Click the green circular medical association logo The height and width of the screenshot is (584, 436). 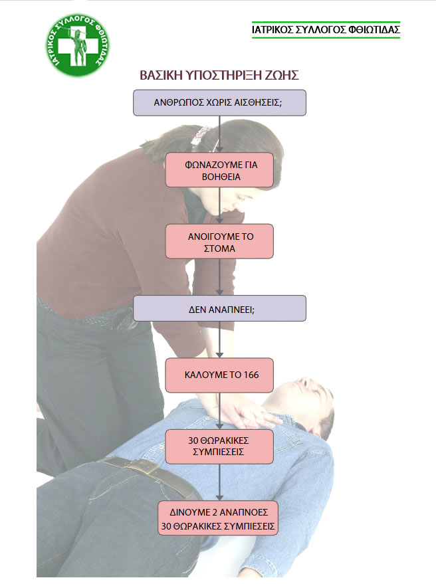pos(78,45)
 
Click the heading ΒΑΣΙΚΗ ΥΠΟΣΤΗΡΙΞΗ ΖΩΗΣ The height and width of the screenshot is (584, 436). pos(219,75)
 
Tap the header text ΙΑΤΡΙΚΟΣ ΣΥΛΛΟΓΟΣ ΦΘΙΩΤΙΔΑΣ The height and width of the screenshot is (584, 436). pos(326,30)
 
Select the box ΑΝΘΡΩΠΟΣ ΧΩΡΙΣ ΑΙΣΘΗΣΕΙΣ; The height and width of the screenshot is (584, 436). pos(219,102)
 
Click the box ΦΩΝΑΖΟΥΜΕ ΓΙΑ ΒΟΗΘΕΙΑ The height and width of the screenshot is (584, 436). pos(219,170)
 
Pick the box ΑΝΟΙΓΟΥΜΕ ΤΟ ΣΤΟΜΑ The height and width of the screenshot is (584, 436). pos(219,241)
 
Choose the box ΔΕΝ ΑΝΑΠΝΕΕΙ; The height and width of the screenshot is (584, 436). pos(219,308)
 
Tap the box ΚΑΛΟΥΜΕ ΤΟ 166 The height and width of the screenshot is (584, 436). pos(219,375)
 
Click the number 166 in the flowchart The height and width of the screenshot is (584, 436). pos(251,375)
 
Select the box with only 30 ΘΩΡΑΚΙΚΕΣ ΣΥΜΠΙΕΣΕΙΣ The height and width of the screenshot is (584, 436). pos(219,446)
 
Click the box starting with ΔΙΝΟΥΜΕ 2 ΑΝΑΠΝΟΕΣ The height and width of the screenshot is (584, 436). pos(218,518)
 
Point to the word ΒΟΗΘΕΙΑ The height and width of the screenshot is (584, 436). pos(221,177)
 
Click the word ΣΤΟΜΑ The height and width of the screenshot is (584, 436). pos(219,248)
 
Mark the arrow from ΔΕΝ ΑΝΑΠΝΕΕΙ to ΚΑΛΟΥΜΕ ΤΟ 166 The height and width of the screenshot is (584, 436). pos(219,340)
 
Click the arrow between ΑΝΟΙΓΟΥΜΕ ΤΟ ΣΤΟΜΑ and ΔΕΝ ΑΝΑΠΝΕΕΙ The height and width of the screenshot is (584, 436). pos(219,277)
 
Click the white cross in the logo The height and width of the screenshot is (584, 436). pos(78,46)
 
